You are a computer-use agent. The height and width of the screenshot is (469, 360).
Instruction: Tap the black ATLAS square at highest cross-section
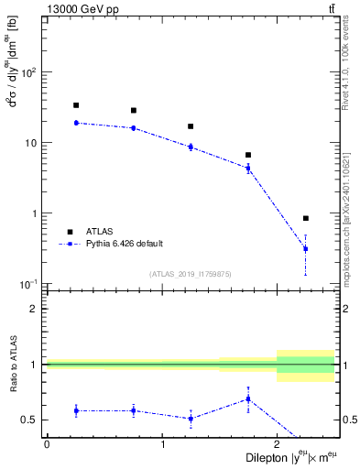click(76, 105)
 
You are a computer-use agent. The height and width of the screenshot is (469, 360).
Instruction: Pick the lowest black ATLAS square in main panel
click(306, 218)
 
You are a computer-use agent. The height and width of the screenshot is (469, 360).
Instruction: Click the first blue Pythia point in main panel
click(76, 123)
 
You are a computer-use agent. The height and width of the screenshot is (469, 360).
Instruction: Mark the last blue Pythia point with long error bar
click(306, 248)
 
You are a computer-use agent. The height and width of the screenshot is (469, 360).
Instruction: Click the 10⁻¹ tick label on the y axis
click(34, 285)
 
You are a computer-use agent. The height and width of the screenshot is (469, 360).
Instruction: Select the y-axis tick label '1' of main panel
click(38, 213)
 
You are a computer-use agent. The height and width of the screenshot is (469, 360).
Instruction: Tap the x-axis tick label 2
click(278, 444)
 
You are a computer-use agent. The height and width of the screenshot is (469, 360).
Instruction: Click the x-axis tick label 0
click(47, 444)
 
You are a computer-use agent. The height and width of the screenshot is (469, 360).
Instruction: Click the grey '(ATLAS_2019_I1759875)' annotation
click(191, 274)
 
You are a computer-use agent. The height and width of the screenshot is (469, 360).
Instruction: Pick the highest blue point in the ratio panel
click(248, 398)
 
